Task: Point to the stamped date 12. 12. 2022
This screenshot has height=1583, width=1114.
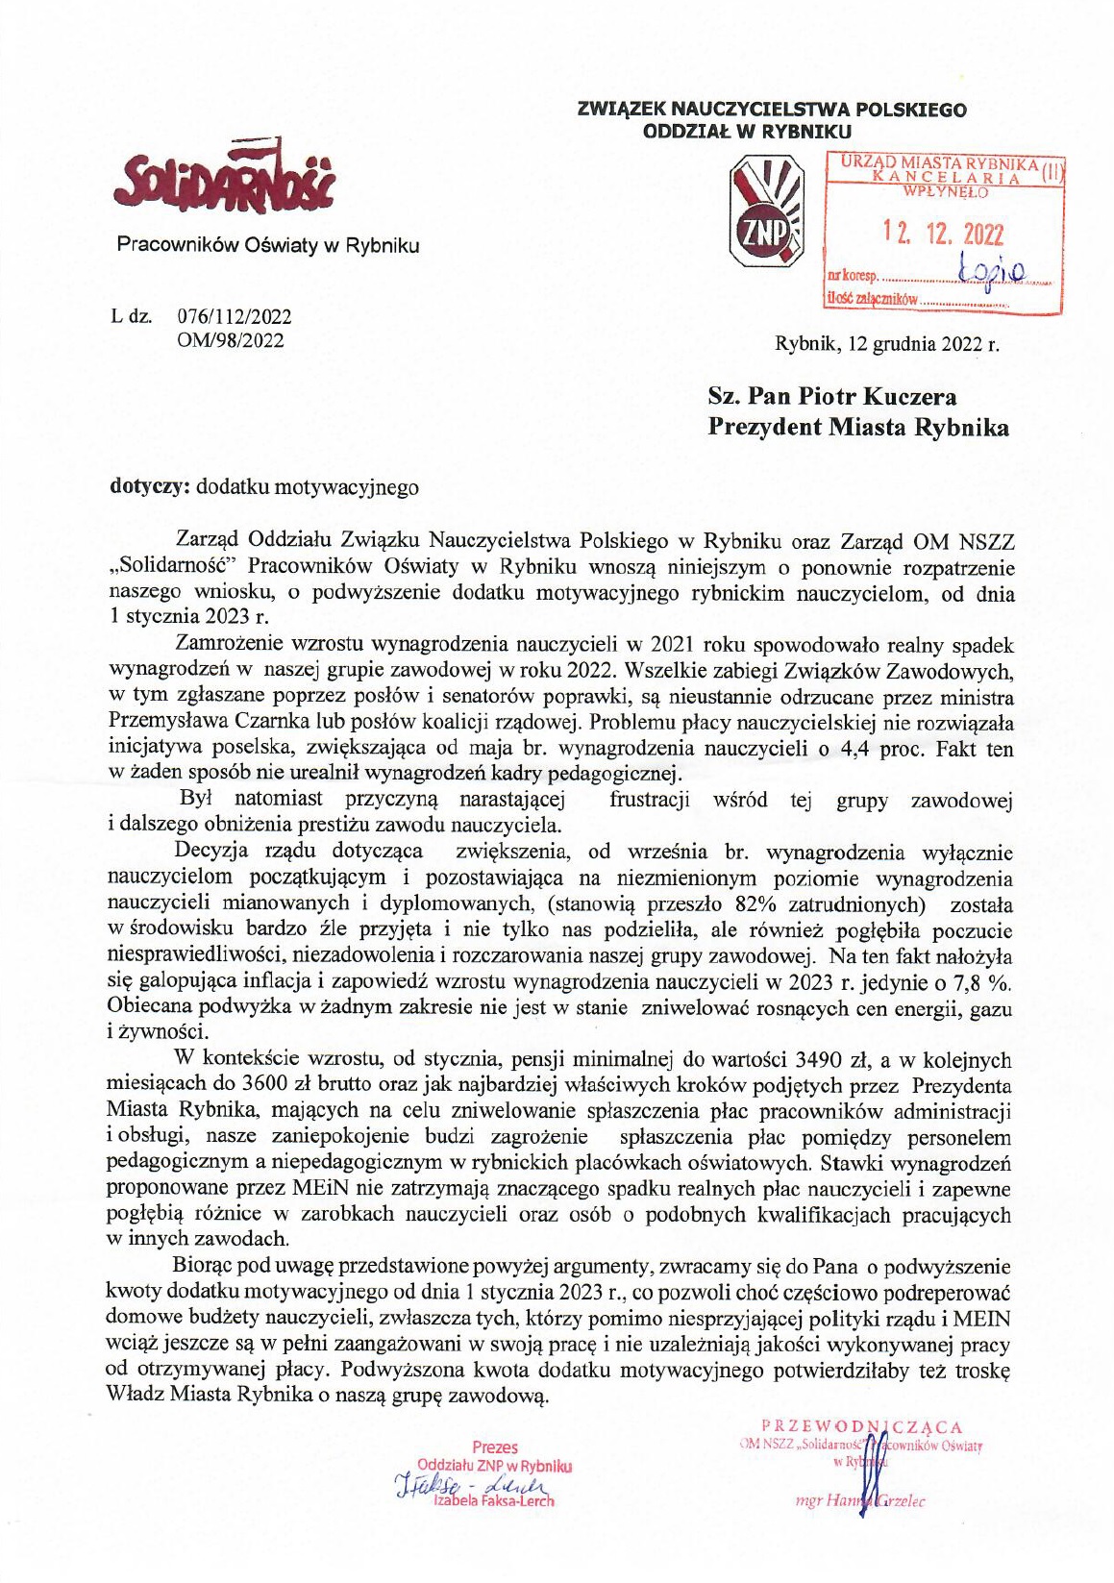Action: click(x=943, y=234)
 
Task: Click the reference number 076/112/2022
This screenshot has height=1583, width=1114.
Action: click(x=235, y=316)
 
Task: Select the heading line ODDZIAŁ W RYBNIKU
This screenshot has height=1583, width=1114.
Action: click(x=747, y=132)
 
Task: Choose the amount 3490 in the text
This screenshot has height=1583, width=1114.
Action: click(x=820, y=1060)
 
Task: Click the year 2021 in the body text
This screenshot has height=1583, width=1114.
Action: click(x=675, y=643)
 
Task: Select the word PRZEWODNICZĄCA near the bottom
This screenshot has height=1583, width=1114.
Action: click(x=861, y=1427)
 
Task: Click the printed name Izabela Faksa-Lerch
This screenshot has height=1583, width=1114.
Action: click(x=494, y=1500)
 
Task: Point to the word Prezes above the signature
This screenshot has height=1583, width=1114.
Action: click(x=495, y=1447)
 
